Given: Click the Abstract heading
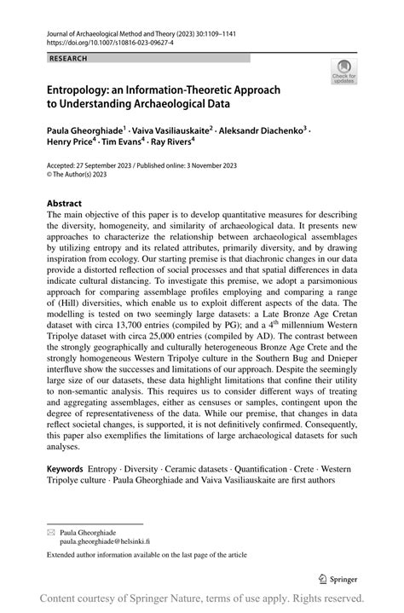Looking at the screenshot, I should tap(65, 204).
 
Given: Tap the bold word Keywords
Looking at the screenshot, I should tap(65, 468).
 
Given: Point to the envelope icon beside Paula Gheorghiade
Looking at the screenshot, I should tap(50, 529).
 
